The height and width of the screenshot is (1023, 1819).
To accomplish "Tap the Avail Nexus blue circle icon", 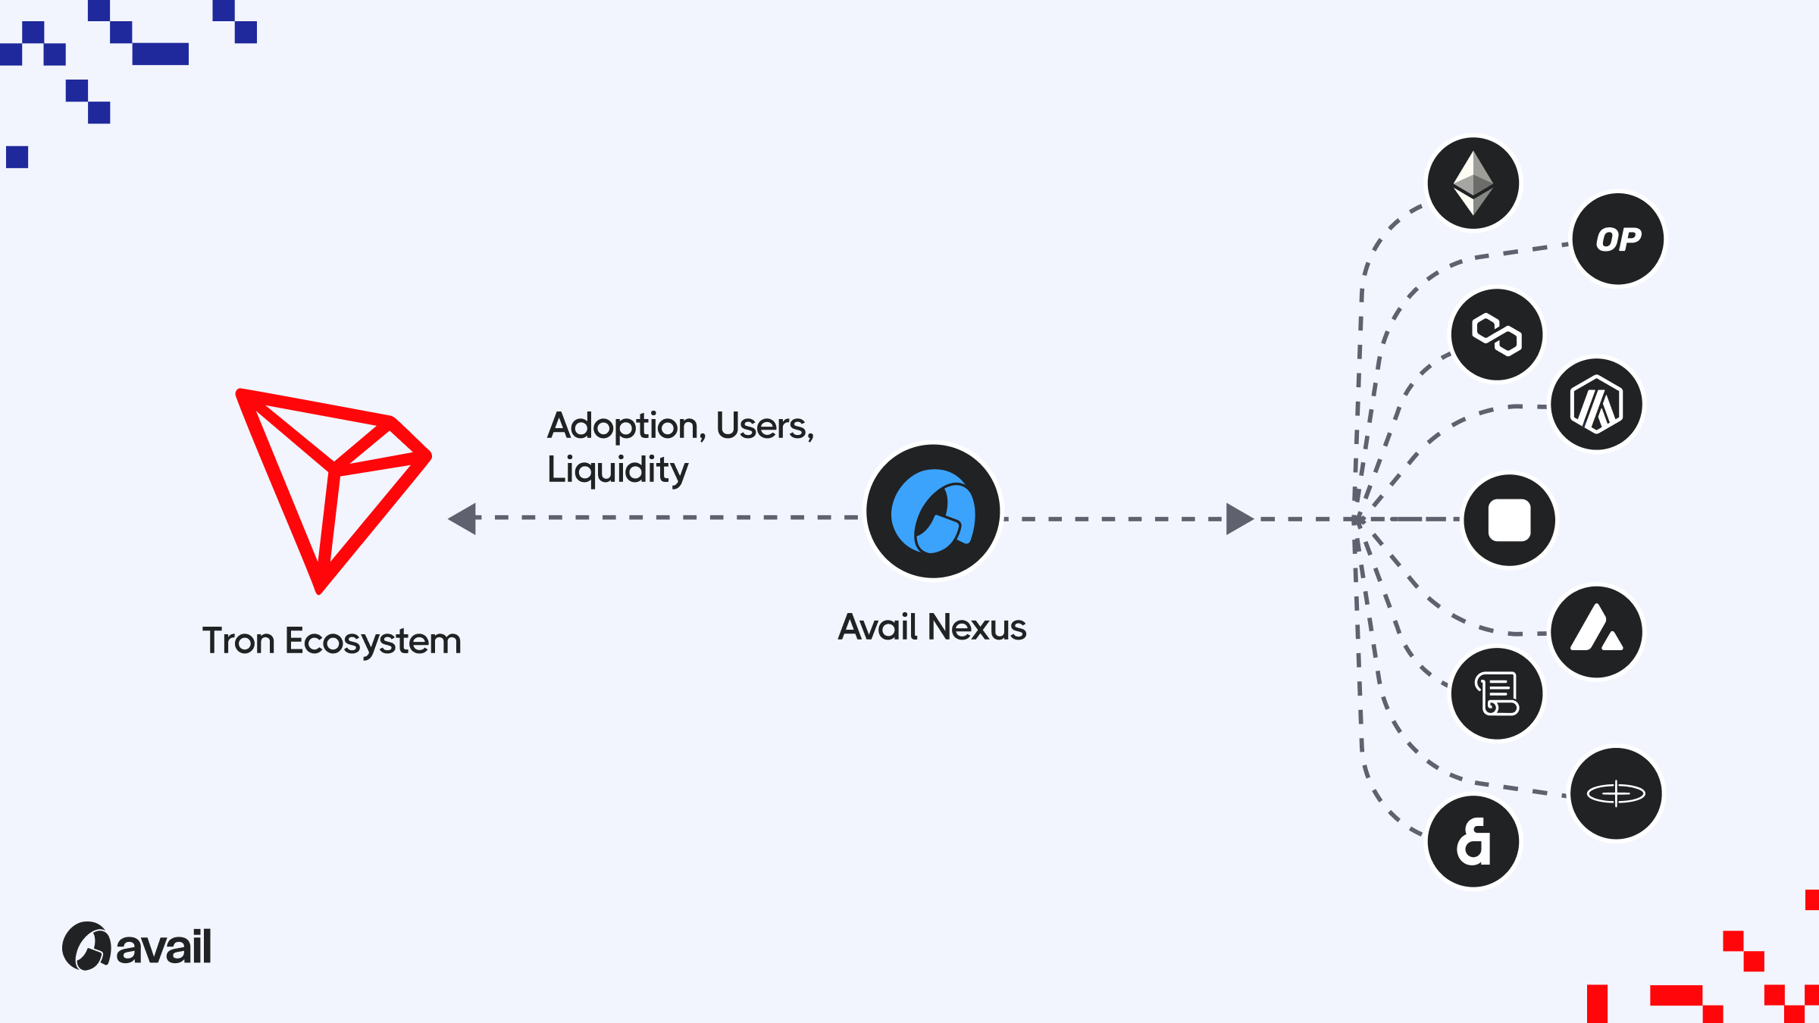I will point(933,511).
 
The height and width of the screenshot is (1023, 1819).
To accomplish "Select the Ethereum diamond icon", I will point(1473,183).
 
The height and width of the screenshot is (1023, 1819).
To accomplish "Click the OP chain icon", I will point(1617,239).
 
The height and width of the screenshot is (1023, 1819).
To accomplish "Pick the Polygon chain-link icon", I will point(1496,334).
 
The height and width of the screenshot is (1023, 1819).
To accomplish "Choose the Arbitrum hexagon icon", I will point(1596,405).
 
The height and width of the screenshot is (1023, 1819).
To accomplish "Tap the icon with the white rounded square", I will point(1509,520).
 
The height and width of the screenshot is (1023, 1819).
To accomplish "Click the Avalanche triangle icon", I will point(1596,631).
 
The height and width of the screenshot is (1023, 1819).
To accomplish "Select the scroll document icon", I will point(1496,693).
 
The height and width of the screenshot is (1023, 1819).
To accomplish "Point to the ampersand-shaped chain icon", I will point(1473,841).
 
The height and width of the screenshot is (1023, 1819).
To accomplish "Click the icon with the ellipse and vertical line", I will point(1616,793).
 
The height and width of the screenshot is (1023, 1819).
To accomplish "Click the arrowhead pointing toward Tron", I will point(463,518).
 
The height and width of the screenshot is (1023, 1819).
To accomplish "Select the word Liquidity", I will point(618,470).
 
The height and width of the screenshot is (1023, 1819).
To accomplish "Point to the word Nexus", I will point(977,627).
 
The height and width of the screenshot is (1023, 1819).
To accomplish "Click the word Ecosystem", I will point(373,642).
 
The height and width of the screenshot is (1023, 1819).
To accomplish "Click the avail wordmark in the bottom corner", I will point(163,947).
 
